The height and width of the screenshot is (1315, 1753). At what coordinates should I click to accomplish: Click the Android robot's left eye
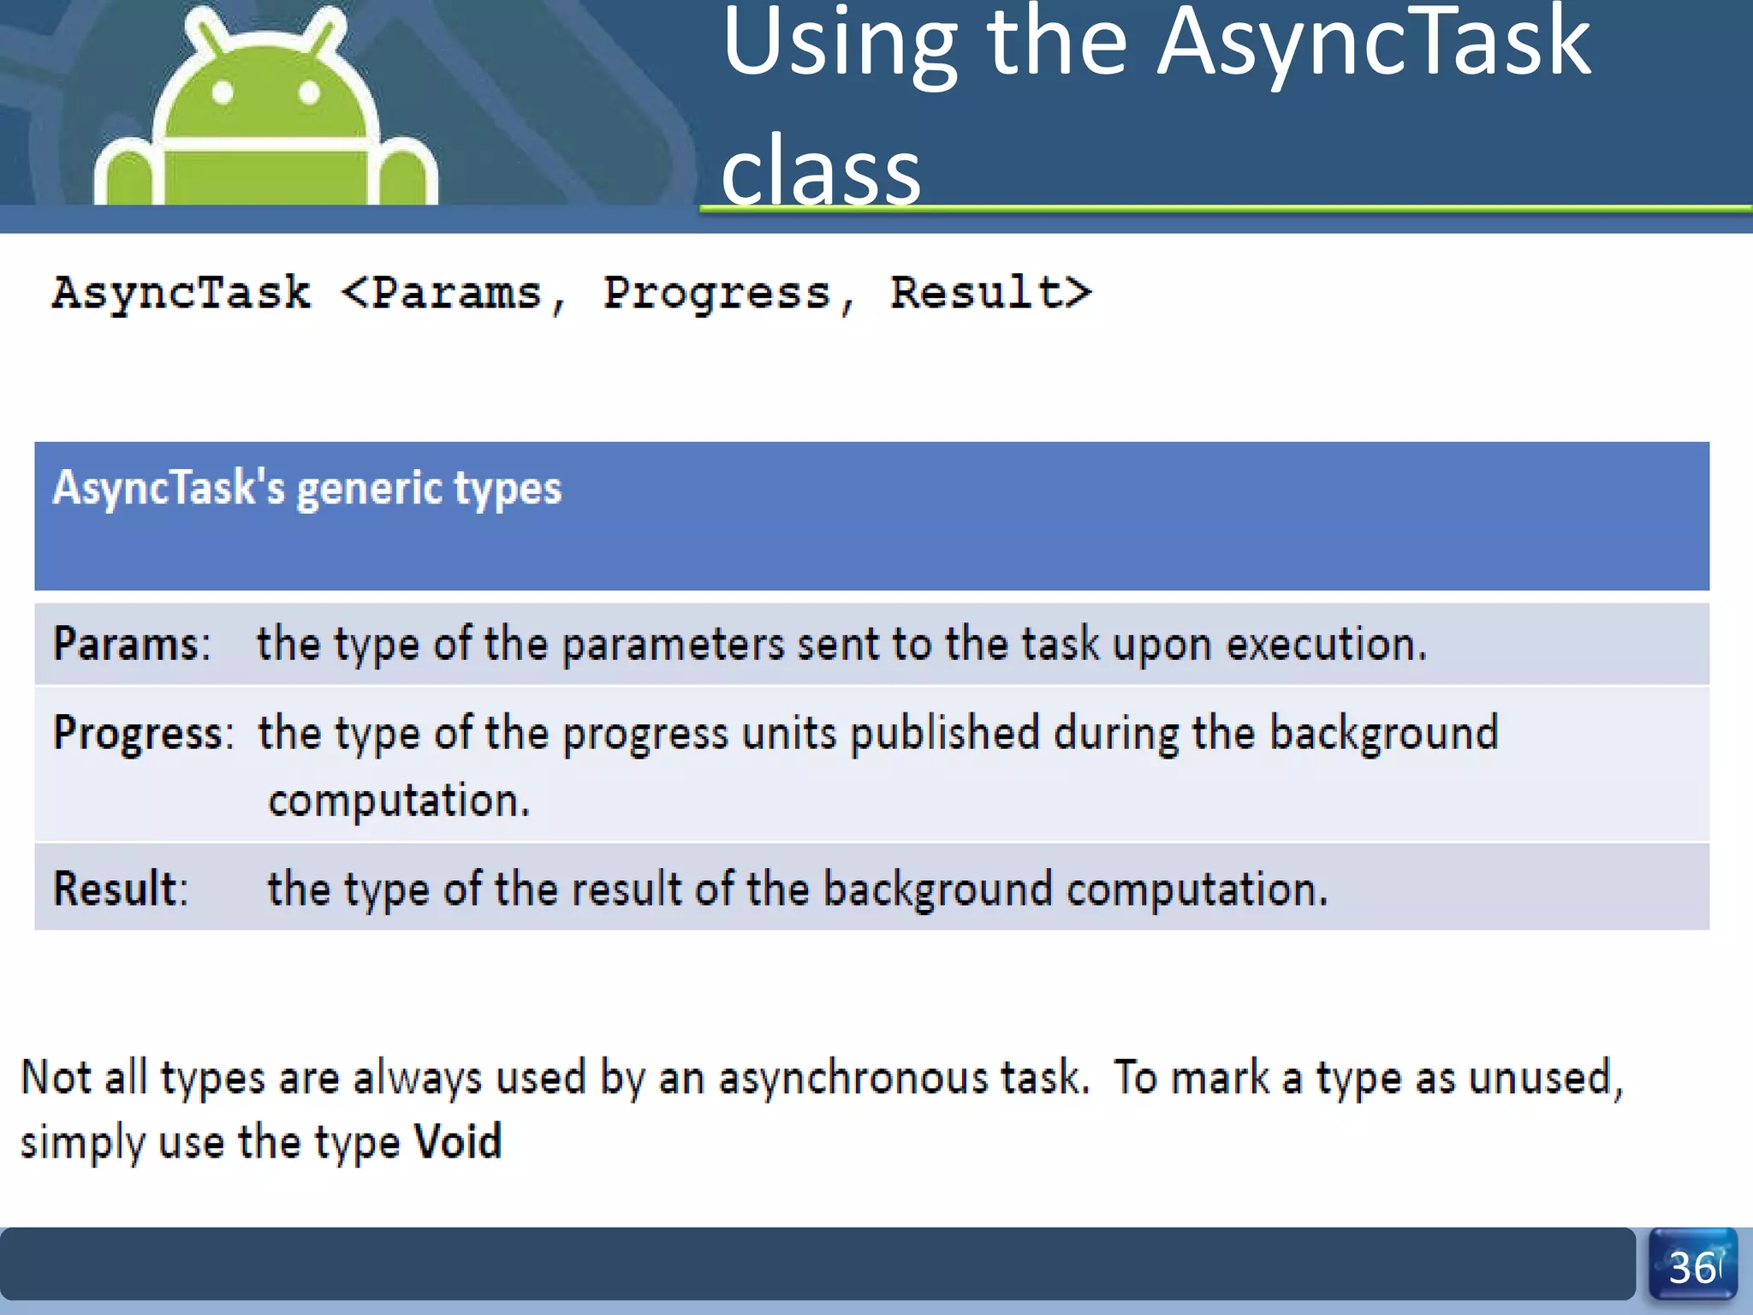223,92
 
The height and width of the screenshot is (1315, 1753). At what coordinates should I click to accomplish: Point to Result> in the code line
991,293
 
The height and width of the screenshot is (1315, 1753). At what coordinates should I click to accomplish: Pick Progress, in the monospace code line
728,295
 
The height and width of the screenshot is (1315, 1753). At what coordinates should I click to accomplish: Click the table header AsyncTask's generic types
307,489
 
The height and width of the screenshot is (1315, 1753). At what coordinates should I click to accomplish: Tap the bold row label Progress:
143,734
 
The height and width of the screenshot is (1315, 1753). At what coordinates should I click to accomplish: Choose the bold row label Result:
121,889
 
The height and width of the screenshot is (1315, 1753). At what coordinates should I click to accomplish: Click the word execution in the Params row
1326,644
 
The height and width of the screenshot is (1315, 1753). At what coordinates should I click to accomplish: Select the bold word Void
458,1141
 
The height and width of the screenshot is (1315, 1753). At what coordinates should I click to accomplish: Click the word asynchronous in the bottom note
904,1077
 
